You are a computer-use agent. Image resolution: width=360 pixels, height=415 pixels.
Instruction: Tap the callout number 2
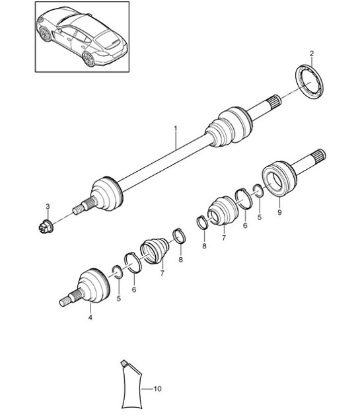click(312, 53)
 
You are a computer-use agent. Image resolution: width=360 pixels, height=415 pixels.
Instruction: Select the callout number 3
click(48, 207)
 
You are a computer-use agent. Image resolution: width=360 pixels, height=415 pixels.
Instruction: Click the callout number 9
click(279, 213)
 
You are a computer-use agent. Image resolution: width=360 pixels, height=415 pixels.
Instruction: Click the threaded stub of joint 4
click(67, 301)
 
